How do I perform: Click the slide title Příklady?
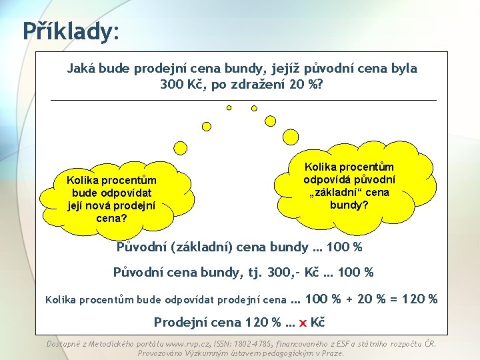[x=70, y=30]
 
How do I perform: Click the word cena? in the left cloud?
[x=111, y=218]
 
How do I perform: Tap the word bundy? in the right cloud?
[x=349, y=205]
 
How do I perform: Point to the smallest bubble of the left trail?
[x=229, y=107]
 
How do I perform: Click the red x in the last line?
[x=303, y=322]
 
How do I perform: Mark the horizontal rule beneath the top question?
[x=243, y=100]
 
